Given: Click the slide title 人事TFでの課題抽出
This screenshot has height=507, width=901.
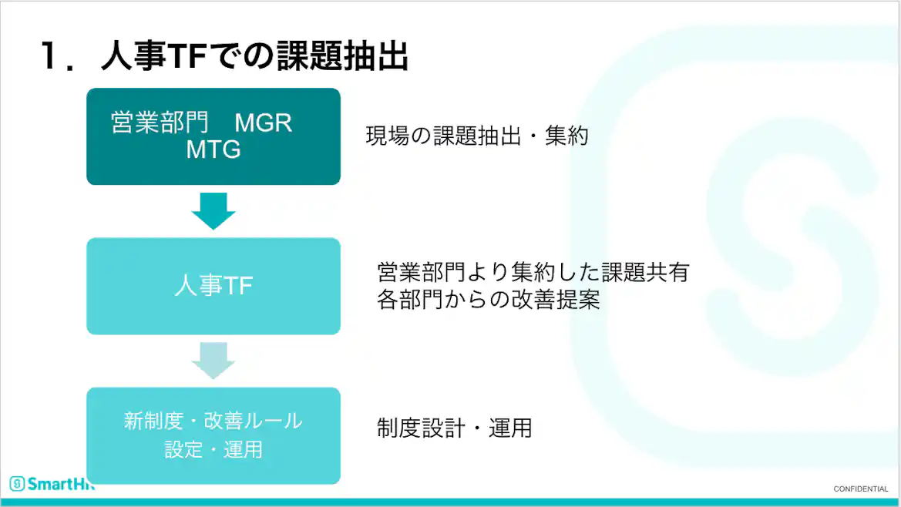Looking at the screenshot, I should coord(254,56).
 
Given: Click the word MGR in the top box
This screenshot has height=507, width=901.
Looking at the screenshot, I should coord(263,123).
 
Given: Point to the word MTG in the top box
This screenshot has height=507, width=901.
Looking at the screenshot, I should coord(213,149).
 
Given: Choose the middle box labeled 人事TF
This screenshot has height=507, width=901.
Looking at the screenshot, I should coord(213,286).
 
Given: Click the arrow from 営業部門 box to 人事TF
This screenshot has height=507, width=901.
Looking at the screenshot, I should coord(213,210).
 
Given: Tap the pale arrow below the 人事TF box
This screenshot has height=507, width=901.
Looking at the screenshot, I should coord(213,360).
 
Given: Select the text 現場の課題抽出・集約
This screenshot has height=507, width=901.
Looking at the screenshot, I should coord(477,136).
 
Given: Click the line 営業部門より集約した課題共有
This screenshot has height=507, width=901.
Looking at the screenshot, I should coord(533,272).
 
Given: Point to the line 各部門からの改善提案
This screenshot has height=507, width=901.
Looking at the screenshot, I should coord(488,300).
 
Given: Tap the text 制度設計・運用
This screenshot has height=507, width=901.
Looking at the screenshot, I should coord(454,428).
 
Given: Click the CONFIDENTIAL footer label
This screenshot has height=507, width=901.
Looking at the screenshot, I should coord(861,489).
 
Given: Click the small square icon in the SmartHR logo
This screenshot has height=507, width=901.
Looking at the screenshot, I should coord(17,484).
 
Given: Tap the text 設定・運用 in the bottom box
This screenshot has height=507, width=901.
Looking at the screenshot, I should coord(213,449).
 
